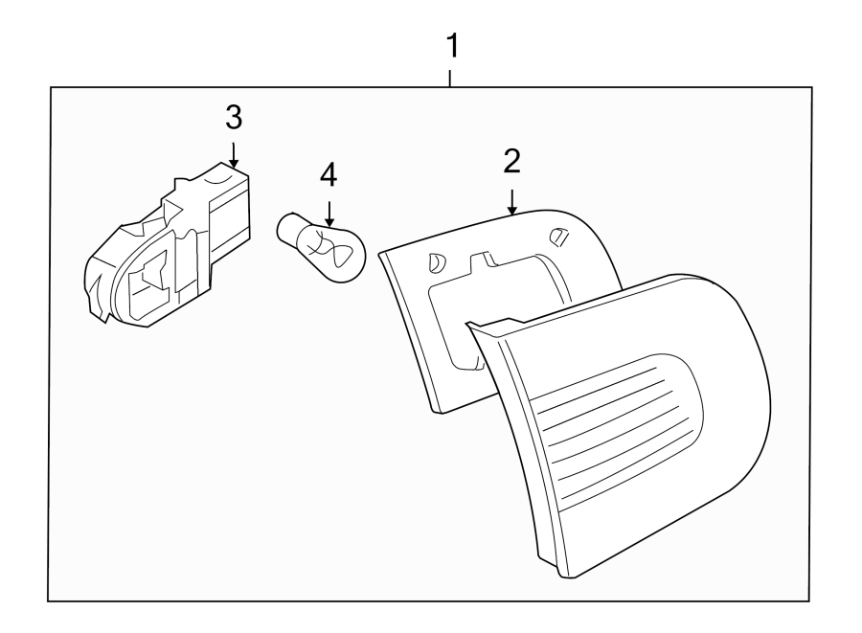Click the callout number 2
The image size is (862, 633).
pos(512,161)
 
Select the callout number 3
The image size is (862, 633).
pos(234,118)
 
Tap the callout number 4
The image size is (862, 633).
pos(329,175)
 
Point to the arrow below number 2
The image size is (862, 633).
pos(512,200)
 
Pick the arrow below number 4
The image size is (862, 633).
pos(329,212)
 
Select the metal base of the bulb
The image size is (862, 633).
pos(290,231)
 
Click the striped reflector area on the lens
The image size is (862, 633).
pos(613,431)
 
